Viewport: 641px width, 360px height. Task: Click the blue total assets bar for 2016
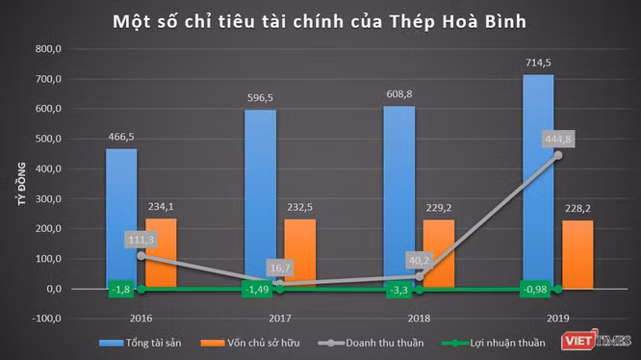(x=120, y=218)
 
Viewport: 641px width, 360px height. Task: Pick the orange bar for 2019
(x=578, y=254)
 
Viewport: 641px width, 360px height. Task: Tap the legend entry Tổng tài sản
(x=141, y=341)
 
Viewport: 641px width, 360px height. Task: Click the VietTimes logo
(x=596, y=341)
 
